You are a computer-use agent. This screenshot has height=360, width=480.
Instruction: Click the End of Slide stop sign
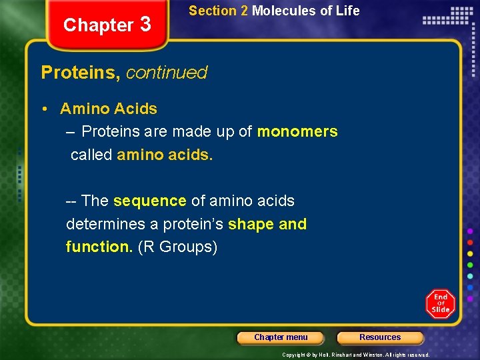coord(440,303)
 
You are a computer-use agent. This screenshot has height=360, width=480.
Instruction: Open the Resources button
coord(380,337)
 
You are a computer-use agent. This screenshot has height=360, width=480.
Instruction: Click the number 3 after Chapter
coord(146,24)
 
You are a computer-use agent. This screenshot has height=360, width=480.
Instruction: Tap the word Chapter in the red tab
coord(99,25)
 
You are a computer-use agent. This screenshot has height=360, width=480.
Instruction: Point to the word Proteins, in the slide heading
coord(81,72)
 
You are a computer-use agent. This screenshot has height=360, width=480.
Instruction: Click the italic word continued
coord(167,72)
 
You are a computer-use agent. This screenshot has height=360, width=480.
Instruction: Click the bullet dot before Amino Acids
coord(49,109)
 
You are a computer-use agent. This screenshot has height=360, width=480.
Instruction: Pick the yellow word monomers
coord(297,131)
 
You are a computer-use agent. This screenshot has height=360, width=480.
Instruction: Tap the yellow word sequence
coord(149,201)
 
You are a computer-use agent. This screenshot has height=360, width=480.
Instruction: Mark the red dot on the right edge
coord(470,242)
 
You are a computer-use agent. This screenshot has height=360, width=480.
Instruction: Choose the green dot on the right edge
coord(470,265)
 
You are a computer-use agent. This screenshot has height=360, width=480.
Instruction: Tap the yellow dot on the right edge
coord(470,253)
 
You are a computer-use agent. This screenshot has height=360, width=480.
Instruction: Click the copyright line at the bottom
coord(355,355)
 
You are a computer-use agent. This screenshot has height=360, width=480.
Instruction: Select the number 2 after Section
coord(244,11)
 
